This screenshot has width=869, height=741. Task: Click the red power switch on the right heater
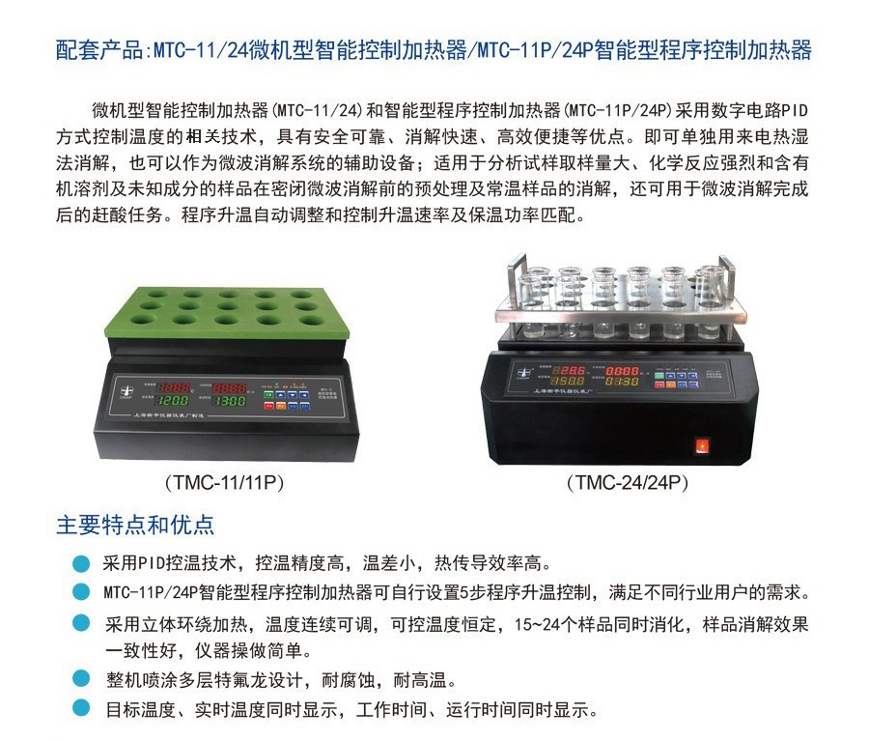(702, 446)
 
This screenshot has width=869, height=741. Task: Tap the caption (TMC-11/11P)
(225, 480)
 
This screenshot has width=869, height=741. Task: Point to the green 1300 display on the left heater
(231, 400)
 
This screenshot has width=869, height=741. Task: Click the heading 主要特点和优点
(135, 525)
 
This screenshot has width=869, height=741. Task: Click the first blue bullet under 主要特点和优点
(81, 562)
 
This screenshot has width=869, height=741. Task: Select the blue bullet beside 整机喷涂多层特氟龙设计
(81, 679)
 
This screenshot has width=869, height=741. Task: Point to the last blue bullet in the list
(81, 710)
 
